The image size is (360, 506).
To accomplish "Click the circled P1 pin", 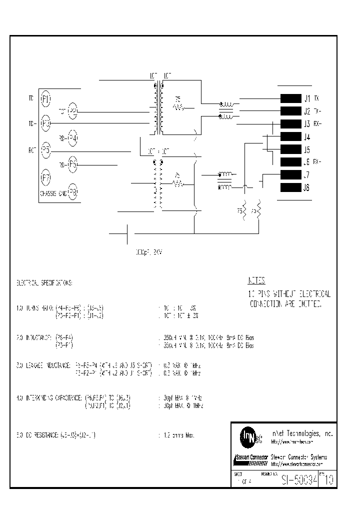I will [x=45, y=98].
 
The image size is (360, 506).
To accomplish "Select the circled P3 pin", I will [x=45, y=122].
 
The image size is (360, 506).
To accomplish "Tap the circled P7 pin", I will [x=45, y=177].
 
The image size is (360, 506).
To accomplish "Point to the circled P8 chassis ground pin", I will [x=73, y=191].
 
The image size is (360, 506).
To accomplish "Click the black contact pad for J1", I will [x=290, y=98].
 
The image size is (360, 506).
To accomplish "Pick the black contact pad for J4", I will [x=290, y=136].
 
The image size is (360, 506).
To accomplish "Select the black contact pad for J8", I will [x=290, y=187].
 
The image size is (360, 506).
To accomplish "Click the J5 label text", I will [x=306, y=149].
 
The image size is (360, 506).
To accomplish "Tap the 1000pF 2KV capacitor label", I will [x=145, y=253].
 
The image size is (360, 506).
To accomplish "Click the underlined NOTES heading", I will [x=257, y=281].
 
